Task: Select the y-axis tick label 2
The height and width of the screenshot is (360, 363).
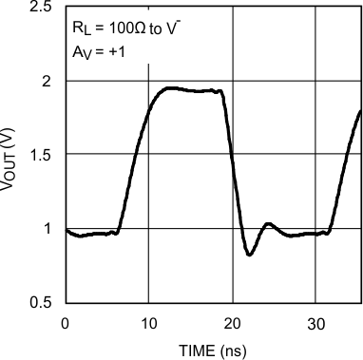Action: pyautogui.click(x=47, y=81)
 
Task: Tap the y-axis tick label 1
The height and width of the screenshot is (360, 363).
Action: pyautogui.click(x=47, y=229)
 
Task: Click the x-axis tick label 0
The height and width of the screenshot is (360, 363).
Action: pyautogui.click(x=65, y=322)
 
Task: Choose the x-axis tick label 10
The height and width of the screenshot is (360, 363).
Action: pyautogui.click(x=148, y=322)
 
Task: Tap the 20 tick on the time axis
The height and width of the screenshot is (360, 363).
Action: pyautogui.click(x=232, y=322)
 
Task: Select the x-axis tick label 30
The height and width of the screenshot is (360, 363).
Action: pyautogui.click(x=315, y=322)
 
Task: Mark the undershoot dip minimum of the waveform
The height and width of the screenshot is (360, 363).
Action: pyautogui.click(x=249, y=255)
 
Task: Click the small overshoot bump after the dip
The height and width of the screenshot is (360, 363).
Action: pyautogui.click(x=268, y=224)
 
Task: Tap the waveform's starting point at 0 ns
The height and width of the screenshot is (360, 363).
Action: pyautogui.click(x=65, y=229)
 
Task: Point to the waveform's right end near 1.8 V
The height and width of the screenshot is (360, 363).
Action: pyautogui.click(x=360, y=111)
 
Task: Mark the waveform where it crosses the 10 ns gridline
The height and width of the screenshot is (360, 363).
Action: pyautogui.click(x=148, y=112)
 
